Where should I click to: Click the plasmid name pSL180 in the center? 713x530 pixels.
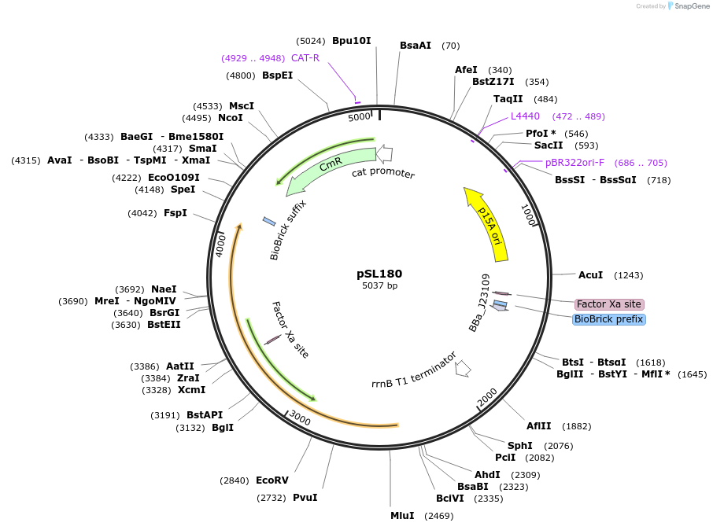tap(379, 274)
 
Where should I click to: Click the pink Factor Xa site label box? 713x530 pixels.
tap(608, 304)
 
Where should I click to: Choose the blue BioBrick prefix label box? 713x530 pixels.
tap(609, 319)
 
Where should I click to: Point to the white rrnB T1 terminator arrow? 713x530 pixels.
tap(463, 367)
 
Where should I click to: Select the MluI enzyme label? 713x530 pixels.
tap(402, 516)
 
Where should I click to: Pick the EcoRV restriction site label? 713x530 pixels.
tap(272, 480)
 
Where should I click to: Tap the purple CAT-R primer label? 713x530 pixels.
tap(305, 57)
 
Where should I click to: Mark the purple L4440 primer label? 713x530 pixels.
tap(525, 116)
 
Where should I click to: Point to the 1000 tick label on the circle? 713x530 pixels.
tap(528, 215)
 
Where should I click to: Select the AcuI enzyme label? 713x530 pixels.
tap(590, 274)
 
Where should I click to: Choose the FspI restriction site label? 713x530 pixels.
tap(175, 212)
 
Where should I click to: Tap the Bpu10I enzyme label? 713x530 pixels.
tap(351, 40)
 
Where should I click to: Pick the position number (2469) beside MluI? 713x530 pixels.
tap(438, 516)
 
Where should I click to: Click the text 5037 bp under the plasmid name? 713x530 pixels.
tap(379, 285)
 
